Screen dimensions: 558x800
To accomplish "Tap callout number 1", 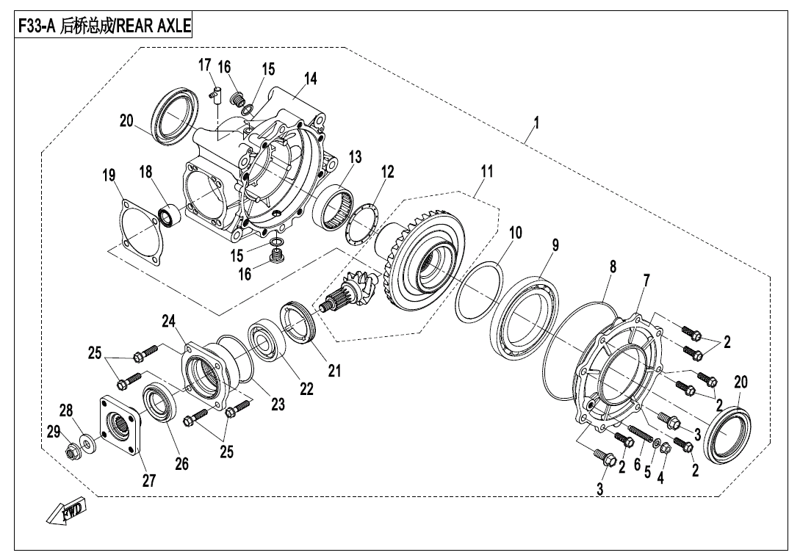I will (x=536, y=123).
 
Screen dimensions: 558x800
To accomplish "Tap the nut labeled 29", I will (x=73, y=448).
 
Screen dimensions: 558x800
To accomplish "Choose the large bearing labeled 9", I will (x=525, y=318).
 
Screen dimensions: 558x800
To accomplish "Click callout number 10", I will (x=516, y=233).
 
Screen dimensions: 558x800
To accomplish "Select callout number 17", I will (x=205, y=66).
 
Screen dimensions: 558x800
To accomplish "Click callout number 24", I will (x=170, y=321).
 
